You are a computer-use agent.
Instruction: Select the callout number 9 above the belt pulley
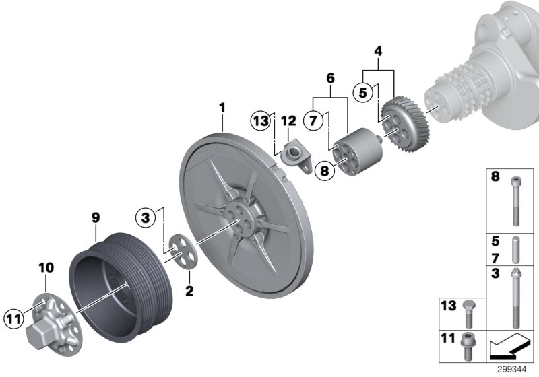(95, 217)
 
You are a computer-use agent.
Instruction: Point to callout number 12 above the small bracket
(288, 121)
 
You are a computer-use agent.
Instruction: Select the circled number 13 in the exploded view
(261, 121)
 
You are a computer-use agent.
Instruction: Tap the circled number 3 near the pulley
(144, 217)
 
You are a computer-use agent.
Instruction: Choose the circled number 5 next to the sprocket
(363, 92)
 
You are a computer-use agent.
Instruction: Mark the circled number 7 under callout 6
(313, 121)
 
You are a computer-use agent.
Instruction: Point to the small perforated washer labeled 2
(180, 250)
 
